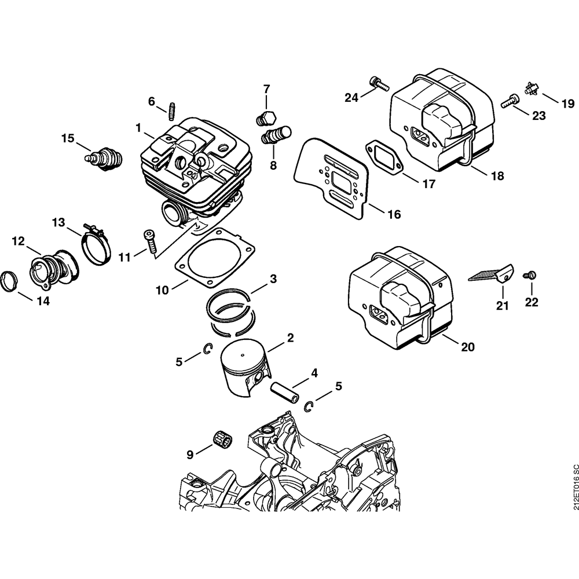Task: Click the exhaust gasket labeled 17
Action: click(x=383, y=157)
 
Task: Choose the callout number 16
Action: click(x=394, y=214)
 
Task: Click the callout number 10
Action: click(x=162, y=289)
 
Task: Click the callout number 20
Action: click(x=467, y=347)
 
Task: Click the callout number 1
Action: click(x=138, y=127)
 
